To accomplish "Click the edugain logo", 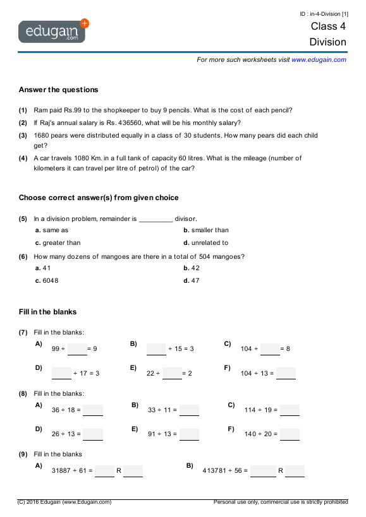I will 53,31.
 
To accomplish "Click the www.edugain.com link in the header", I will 319,59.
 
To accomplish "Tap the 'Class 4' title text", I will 328,27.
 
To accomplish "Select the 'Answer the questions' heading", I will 58,90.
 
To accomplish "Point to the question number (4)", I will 23,158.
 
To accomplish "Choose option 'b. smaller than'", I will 205,230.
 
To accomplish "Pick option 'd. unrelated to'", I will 205,243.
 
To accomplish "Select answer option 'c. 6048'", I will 47,281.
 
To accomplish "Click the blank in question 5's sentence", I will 155,219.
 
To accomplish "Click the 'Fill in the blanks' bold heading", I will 47,312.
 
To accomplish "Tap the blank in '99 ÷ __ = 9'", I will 77,348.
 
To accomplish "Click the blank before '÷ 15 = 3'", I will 156,348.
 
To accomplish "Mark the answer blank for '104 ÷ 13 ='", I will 286,373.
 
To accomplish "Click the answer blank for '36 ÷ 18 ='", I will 92,410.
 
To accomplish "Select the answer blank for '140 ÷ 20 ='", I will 290,434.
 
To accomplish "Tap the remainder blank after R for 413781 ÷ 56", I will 295,470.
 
